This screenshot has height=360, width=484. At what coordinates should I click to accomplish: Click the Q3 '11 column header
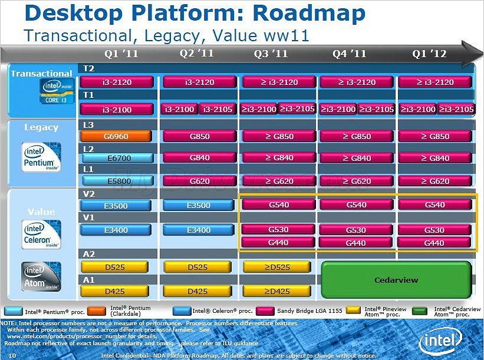[x=271, y=54]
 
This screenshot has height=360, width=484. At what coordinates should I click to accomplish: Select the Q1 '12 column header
[x=429, y=54]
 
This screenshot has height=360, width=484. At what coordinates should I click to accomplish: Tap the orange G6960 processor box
[x=116, y=136]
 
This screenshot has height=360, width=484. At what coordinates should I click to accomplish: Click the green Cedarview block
[x=396, y=280]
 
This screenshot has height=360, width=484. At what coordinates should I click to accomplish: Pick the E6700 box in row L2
[x=116, y=158]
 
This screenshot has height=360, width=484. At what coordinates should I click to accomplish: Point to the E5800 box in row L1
[x=116, y=181]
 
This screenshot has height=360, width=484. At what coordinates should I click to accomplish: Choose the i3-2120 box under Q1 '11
[x=116, y=82]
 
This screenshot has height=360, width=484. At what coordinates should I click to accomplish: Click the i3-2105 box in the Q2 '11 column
[x=218, y=109]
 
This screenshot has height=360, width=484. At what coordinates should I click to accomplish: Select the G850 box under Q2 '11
[x=199, y=136]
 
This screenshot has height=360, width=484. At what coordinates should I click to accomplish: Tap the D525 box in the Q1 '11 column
[x=116, y=267]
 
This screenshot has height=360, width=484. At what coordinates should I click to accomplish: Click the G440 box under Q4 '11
[x=355, y=242]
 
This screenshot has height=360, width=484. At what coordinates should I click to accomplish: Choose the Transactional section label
[x=41, y=74]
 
